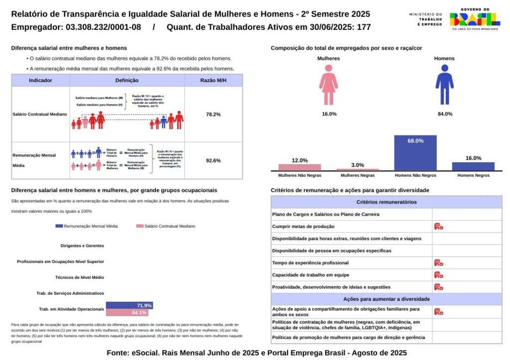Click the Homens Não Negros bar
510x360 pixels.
[x=415, y=153]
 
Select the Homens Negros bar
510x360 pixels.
[x=473, y=166]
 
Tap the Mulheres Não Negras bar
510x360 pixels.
[x=299, y=167]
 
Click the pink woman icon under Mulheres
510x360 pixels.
[x=329, y=85]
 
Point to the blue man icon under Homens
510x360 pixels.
[x=444, y=85]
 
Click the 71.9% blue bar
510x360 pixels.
[x=129, y=305]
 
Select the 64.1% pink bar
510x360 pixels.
[x=127, y=313]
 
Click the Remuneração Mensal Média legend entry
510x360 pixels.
[x=87, y=226]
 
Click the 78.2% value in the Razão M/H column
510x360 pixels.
[x=213, y=114]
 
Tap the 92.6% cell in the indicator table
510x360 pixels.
[x=213, y=160]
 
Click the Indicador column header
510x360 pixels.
[x=41, y=80]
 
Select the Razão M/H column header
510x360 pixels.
[x=213, y=80]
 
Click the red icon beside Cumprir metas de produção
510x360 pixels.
[x=438, y=227]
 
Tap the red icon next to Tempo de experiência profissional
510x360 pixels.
[x=438, y=263]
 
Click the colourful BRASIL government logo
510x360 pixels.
[x=475, y=19]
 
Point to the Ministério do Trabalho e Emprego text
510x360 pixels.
[x=425, y=19]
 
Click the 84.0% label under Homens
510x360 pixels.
[x=444, y=114]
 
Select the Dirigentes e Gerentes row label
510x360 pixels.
[x=82, y=245]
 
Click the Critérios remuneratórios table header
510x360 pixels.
[x=386, y=202]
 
